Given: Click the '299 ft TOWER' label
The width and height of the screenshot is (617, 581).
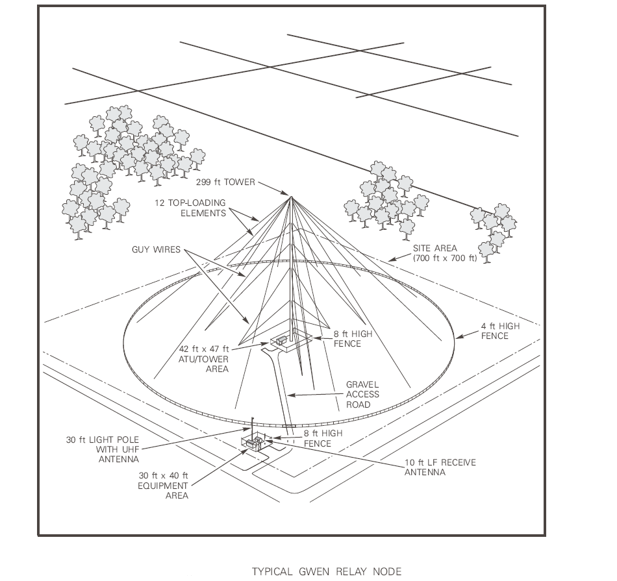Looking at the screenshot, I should click(225, 182).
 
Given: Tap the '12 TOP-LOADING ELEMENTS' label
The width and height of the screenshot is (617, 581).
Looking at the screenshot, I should click(190, 208).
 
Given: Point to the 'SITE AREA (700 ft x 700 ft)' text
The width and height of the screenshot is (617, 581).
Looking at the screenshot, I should click(444, 253).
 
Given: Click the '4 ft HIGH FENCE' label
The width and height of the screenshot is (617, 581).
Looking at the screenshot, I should click(500, 330).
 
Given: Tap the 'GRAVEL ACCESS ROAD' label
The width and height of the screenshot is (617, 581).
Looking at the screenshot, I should click(362, 394).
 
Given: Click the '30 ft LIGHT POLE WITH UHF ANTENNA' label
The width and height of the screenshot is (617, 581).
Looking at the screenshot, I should click(102, 449).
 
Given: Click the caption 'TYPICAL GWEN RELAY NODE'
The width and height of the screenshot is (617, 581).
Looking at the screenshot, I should click(327, 571).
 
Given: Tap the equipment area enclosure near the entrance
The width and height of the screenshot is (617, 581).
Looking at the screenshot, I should click(255, 443).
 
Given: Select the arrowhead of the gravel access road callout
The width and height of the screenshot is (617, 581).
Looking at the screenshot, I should click(290, 394).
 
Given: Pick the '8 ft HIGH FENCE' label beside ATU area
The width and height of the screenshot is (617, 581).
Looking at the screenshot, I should click(353, 338).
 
